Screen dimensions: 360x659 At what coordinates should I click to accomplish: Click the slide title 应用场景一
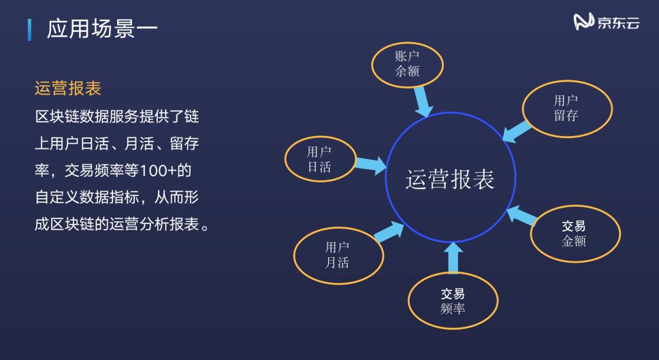(x=102, y=29)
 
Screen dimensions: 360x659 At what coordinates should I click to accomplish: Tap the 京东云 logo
(x=607, y=23)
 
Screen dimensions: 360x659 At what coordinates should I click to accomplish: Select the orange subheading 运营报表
(x=68, y=88)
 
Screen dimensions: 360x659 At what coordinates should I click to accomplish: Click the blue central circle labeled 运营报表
(x=449, y=179)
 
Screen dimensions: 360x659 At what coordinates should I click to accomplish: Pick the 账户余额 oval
(x=407, y=64)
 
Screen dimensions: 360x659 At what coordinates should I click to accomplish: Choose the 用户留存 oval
(x=566, y=108)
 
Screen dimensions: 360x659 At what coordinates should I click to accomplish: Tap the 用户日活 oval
(x=319, y=159)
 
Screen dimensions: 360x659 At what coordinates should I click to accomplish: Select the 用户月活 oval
(x=338, y=255)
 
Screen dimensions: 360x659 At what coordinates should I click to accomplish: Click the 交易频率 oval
(x=453, y=301)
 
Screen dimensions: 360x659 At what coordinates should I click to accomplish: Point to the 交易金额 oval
(x=574, y=233)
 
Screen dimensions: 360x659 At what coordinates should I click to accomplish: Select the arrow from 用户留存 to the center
(x=517, y=130)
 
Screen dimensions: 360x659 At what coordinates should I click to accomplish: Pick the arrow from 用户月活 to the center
(x=389, y=231)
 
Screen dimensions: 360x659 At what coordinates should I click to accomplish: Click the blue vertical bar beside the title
(x=29, y=30)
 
